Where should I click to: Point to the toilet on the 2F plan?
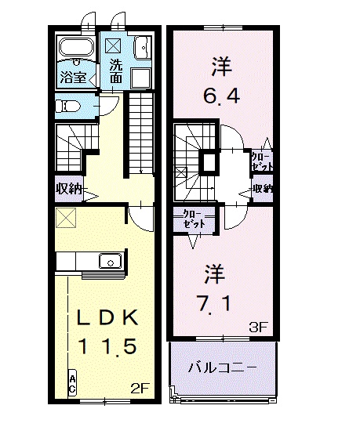click(69, 106)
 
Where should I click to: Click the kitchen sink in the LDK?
click(108, 261)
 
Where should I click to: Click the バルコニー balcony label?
click(222, 367)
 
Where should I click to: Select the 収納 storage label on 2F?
click(69, 188)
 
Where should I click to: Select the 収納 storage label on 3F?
click(263, 189)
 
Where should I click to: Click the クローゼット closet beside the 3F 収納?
click(262, 161)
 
